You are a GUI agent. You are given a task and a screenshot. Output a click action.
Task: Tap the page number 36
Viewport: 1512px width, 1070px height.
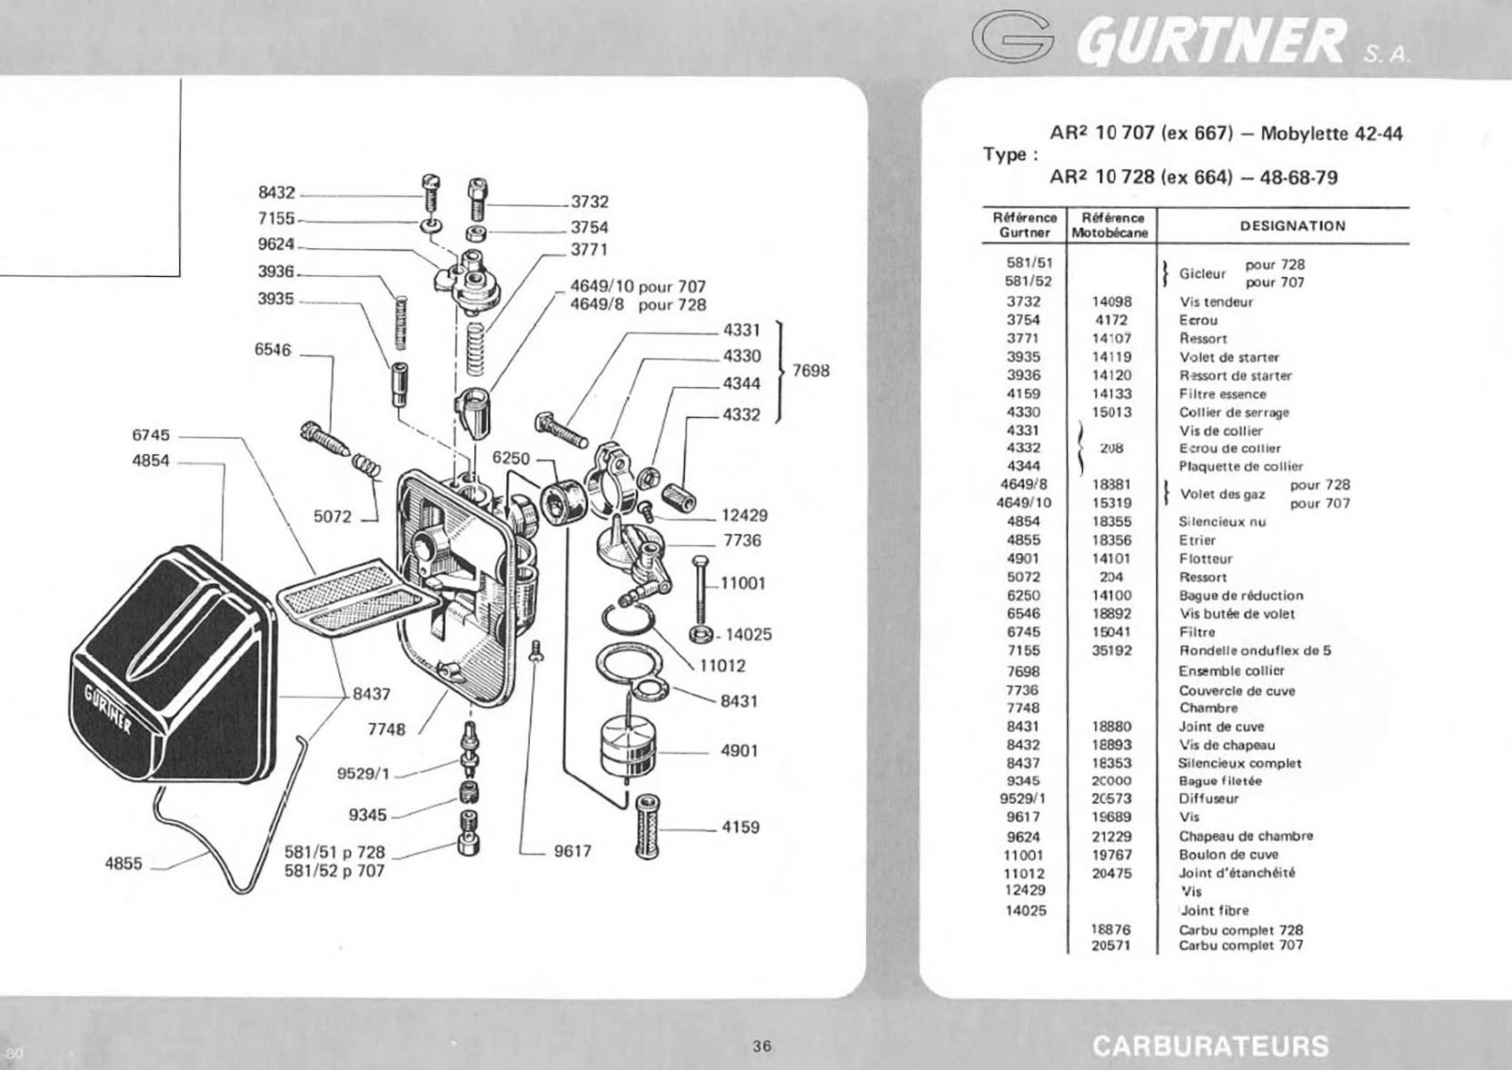tap(762, 1046)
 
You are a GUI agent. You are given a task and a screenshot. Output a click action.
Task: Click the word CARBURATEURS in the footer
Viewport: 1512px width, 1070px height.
tap(1211, 1046)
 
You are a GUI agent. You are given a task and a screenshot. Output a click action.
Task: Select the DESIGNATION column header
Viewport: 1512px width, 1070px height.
tap(1293, 226)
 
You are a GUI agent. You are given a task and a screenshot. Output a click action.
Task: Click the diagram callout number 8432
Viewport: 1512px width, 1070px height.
tap(277, 193)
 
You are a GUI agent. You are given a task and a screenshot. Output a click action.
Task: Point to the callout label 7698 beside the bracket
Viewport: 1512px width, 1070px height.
tap(811, 371)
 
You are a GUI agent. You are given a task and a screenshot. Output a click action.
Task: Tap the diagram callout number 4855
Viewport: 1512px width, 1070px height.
tap(124, 864)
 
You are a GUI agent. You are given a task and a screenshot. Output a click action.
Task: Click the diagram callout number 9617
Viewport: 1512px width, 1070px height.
tap(572, 851)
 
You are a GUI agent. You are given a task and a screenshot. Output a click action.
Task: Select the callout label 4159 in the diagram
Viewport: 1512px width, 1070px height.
tap(741, 827)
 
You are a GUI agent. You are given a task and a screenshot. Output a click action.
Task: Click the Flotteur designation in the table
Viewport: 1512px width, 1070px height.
tap(1206, 559)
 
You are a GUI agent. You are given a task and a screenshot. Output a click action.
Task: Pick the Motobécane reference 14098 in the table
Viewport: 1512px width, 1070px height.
tap(1111, 302)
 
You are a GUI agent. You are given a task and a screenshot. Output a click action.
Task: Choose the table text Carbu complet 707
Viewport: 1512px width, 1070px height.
tap(1240, 946)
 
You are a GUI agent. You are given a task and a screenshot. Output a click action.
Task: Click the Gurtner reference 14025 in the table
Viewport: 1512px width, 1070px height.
tap(1025, 911)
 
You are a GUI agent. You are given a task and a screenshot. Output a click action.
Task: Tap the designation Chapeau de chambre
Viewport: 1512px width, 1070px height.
tap(1246, 836)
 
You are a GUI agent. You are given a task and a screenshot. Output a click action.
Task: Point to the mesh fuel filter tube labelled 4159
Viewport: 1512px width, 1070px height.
tap(647, 826)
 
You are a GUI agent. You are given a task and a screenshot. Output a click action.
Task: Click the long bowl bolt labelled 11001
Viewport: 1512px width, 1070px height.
tap(701, 590)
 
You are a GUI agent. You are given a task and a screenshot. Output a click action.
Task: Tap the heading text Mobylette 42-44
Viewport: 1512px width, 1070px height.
tap(1331, 134)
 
